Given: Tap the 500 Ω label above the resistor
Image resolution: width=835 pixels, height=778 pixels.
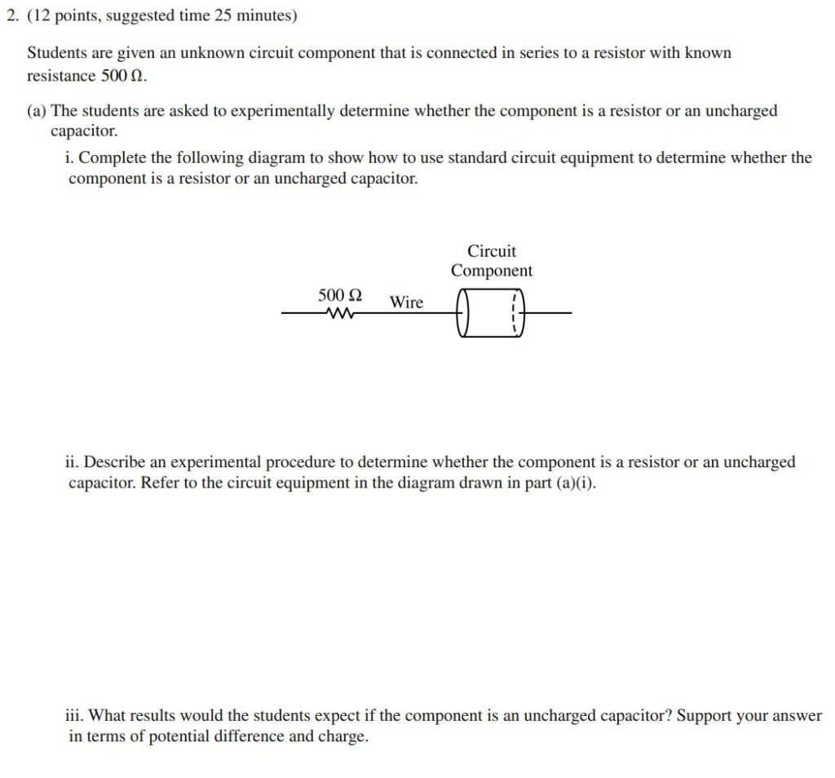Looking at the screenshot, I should click(340, 294).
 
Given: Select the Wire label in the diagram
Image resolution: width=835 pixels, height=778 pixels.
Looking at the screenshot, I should click(406, 302).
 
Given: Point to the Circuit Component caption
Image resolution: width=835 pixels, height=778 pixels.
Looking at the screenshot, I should click(492, 261).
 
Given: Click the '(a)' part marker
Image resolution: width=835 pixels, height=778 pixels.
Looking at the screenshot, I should click(37, 111).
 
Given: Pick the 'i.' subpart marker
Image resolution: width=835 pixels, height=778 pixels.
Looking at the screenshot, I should click(69, 157).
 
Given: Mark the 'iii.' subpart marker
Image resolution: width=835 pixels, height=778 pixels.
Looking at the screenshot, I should click(73, 716).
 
